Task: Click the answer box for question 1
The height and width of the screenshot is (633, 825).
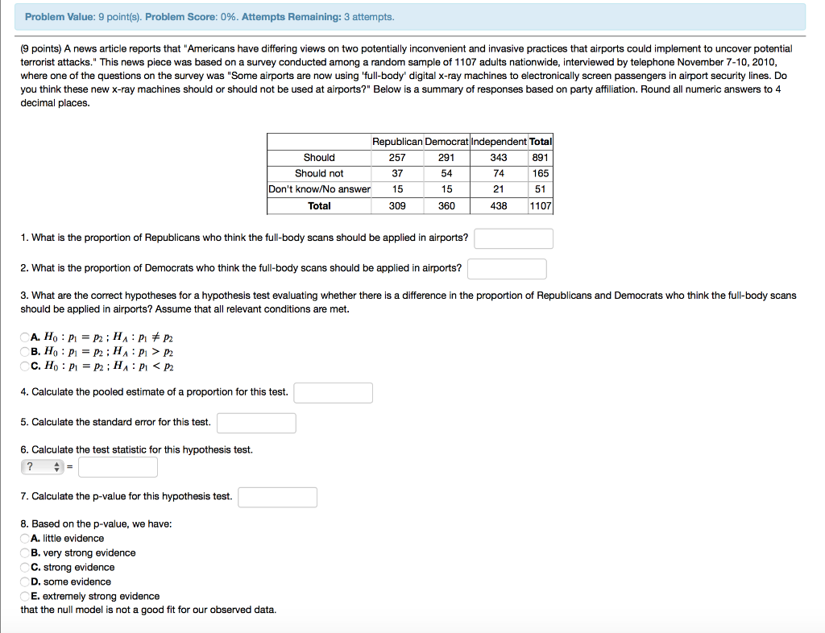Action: (513, 238)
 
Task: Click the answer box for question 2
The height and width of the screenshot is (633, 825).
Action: (507, 268)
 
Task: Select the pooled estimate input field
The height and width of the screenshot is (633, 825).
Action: (333, 393)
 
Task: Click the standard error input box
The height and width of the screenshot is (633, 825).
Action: (256, 423)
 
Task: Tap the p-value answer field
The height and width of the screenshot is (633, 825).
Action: (277, 497)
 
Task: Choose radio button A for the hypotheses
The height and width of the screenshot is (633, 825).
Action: (25, 337)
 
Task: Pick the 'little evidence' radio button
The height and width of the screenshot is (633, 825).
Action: (25, 539)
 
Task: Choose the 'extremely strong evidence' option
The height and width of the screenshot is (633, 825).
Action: (25, 597)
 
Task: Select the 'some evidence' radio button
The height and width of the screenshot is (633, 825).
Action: (25, 582)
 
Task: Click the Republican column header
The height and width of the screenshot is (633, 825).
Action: (397, 142)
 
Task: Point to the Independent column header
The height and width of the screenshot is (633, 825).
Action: (498, 142)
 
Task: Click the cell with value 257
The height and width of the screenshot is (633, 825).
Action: (397, 158)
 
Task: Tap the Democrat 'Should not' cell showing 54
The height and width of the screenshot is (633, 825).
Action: (446, 174)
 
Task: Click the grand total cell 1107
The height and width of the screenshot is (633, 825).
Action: (541, 206)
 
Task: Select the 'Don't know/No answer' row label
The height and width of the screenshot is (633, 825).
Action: (319, 190)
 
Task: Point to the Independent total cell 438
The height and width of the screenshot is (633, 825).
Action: (499, 206)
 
